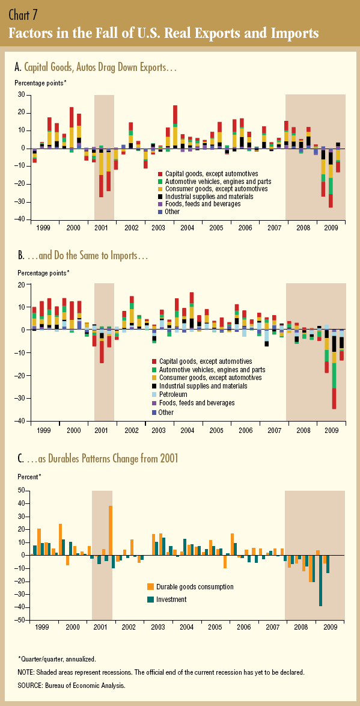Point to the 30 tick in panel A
pos(20,95)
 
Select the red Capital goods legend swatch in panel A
pos(159,173)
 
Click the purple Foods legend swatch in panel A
pos(159,204)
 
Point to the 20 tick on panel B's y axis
pos(21,284)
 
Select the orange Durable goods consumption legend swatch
pos(150,587)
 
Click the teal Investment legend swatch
pos(150,600)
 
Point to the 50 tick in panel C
pos(21,490)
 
